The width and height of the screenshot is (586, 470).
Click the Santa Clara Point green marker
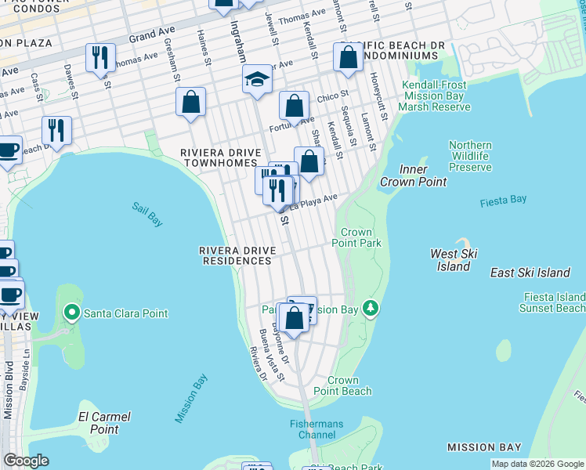pos(72,313)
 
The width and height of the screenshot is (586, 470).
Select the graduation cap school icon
pos(257,80)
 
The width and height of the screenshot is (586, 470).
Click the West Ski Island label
pos(454,260)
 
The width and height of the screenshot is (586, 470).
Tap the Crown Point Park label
pos(360,238)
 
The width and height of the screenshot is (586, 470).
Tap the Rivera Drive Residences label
pos(237,255)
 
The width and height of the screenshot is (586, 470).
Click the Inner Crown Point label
pos(413,175)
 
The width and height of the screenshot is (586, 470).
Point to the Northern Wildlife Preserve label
pos(470,156)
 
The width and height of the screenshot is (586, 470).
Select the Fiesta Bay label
pos(503,201)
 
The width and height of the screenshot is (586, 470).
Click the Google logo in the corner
pos(27,461)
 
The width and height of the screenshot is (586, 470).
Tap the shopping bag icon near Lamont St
pos(348,57)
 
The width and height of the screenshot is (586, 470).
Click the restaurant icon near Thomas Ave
pos(100,57)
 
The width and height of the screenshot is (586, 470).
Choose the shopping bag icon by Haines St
pos(190,102)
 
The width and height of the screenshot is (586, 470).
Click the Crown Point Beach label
pos(342,385)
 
